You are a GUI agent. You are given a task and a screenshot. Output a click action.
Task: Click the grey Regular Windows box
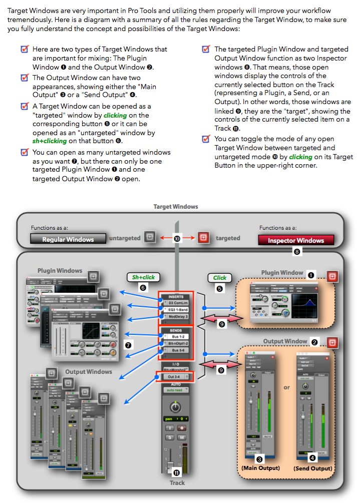click(68, 239)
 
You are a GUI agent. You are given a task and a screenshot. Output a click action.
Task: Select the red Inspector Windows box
click(295, 240)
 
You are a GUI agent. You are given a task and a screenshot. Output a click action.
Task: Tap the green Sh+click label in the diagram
click(143, 277)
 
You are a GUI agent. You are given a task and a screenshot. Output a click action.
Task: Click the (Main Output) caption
click(259, 468)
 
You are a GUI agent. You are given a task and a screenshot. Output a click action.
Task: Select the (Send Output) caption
click(312, 468)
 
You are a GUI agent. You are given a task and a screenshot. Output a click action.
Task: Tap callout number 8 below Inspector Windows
click(297, 253)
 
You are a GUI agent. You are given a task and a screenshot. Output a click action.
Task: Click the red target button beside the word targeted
click(203, 238)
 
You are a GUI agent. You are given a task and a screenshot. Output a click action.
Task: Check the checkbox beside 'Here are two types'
click(24, 50)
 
